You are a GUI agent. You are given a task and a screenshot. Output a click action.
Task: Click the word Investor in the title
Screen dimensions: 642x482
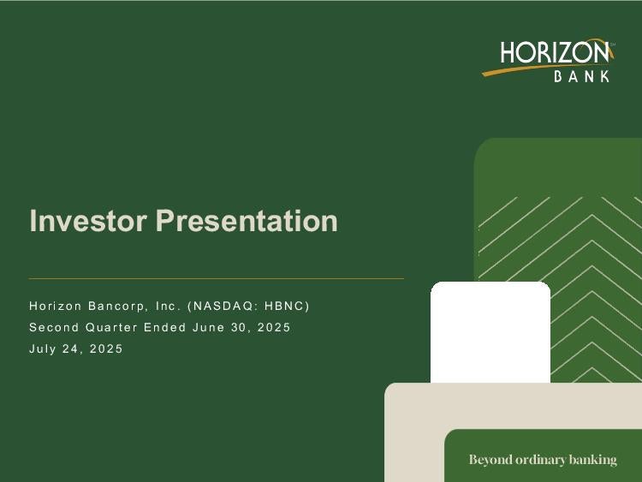pos(88,220)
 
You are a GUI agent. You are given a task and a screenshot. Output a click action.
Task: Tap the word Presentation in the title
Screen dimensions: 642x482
pos(247,220)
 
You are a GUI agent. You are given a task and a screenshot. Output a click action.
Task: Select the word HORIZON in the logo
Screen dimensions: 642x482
pos(555,53)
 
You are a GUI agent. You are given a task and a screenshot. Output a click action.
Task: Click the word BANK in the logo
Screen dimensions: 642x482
pos(582,76)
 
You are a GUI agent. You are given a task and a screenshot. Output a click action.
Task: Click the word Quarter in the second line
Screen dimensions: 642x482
pos(111,328)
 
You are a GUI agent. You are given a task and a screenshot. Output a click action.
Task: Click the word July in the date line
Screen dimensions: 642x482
pos(42,349)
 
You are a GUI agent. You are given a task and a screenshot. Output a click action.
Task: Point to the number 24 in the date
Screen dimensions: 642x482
pos(69,349)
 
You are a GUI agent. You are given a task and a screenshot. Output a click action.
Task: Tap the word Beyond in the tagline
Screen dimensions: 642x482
pos(490,460)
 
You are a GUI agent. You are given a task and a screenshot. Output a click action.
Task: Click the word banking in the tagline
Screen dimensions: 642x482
pos(593,460)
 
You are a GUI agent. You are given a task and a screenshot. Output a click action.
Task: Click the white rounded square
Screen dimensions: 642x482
pos(490,332)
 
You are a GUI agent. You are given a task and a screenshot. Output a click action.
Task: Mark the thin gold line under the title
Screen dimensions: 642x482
pos(217,278)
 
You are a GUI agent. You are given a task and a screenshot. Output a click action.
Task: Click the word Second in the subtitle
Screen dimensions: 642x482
pos(55,328)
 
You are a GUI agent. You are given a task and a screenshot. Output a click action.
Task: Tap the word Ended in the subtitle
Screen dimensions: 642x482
pos(165,328)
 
